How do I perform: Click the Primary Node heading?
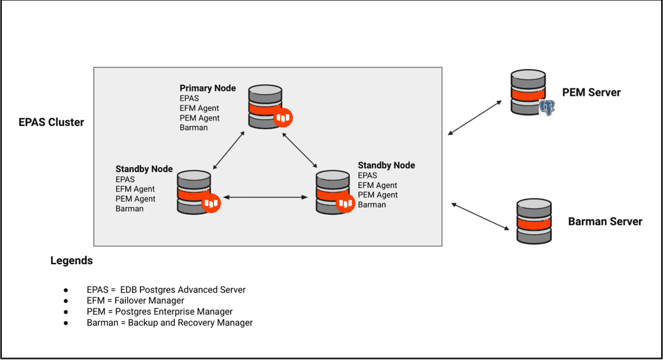pos(207,88)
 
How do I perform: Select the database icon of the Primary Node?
pos(265,106)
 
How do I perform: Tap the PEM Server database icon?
pos(527,92)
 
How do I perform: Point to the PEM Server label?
pos(591,93)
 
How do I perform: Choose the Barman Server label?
pos(605,222)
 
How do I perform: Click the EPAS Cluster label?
pos(51,122)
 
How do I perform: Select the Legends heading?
pos(71,260)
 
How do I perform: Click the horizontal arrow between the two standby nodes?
pos(265,197)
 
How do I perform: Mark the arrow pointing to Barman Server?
pos(481,216)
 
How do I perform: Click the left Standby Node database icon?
pos(194,192)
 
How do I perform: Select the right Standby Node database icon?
pos(333,192)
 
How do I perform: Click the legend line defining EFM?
pos(135,300)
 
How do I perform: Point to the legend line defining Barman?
pos(169,323)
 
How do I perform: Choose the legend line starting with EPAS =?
pos(166,289)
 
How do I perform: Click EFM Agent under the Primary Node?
pos(200,108)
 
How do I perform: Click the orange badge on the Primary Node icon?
pos(283,118)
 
